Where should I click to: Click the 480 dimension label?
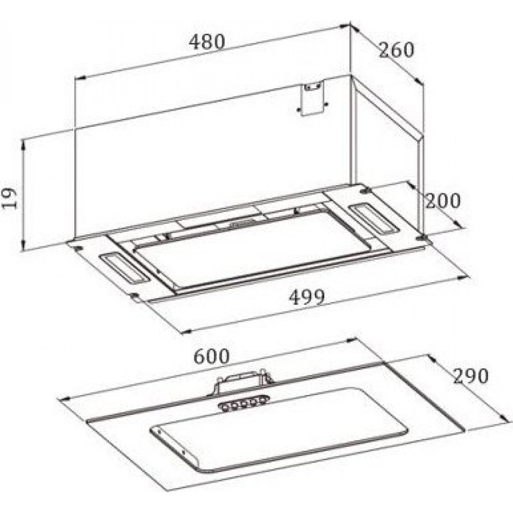click(207, 42)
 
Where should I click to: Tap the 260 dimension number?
click(396, 50)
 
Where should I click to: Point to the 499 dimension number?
click(307, 297)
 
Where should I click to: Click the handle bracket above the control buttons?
click(243, 382)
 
